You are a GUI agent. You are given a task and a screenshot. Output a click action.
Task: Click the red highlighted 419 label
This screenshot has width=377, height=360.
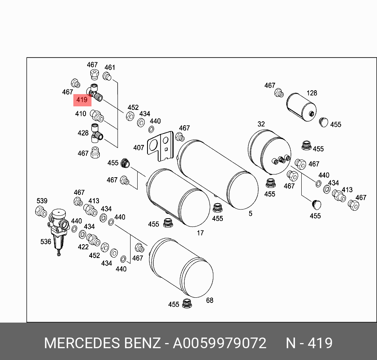coord(82,100)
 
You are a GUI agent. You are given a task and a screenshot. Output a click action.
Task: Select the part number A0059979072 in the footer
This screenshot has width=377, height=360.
coord(220,343)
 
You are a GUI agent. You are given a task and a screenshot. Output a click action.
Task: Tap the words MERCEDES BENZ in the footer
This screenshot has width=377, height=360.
coord(102,343)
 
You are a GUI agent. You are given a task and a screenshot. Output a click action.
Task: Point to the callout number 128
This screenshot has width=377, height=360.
coord(312,93)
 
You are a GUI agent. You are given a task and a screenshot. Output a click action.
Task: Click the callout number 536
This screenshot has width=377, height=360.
coord(46,241)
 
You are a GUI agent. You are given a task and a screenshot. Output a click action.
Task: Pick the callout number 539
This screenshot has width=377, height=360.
coord(42,201)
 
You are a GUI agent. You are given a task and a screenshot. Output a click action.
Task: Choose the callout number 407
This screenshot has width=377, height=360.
coord(138,148)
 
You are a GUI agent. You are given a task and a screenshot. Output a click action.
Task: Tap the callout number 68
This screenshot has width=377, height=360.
coord(209,300)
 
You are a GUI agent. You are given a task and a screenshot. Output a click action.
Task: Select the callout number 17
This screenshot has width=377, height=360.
coord(200,233)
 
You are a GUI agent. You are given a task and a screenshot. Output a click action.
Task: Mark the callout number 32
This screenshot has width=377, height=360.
coord(261,124)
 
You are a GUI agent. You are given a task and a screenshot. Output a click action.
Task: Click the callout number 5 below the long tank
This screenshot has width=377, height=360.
coord(250,213)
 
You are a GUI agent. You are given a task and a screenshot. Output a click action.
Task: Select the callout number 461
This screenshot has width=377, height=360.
coord(110,67)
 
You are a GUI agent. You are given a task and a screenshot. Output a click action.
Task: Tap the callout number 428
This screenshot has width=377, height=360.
coord(83,133)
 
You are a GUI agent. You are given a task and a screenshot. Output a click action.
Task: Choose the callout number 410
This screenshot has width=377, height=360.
coord(80,114)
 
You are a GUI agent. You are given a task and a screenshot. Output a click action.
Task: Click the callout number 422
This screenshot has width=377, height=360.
coord(83,247)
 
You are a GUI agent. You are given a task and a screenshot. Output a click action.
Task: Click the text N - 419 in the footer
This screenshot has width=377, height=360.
coord(309,343)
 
